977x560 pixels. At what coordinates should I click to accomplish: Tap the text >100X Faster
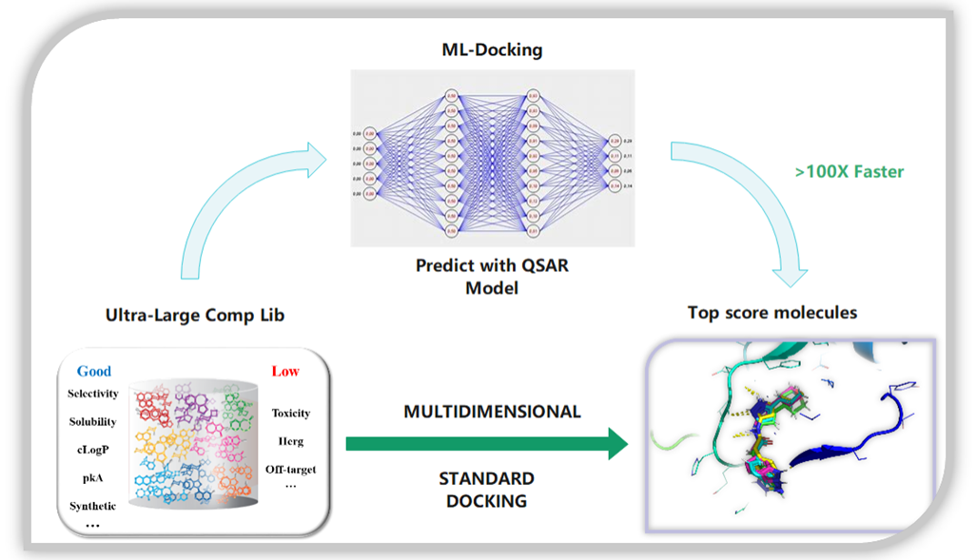[849, 172]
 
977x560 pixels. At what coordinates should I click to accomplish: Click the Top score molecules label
[772, 313]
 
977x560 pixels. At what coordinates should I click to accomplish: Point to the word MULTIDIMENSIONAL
[492, 413]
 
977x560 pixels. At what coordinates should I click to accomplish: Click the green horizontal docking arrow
[486, 443]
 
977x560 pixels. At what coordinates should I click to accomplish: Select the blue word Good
[94, 371]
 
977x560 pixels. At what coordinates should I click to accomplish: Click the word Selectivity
[93, 394]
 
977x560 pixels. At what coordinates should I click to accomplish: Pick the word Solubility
[92, 421]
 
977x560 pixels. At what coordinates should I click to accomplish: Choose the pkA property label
[92, 477]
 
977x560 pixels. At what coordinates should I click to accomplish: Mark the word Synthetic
[92, 506]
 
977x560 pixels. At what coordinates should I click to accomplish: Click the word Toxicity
[291, 413]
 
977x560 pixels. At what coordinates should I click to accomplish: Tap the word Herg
[290, 441]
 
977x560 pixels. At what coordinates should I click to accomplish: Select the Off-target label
[291, 469]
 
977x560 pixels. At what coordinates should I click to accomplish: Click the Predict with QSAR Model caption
[492, 276]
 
